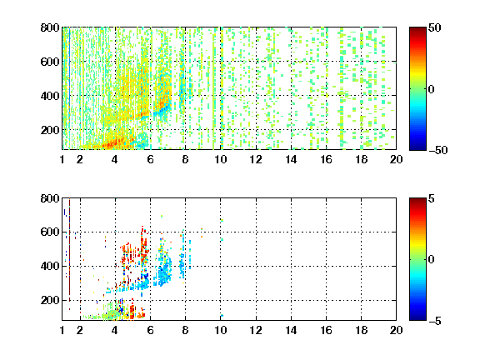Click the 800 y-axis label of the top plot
click(50, 27)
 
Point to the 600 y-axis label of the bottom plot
click(50, 232)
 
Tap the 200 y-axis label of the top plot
click(50, 130)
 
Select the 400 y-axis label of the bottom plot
click(50, 266)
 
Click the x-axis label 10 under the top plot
click(220, 159)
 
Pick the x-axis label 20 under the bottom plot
click(396, 330)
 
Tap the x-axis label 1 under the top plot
click(62, 159)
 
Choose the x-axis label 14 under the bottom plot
click(291, 330)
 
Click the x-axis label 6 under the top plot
click(150, 159)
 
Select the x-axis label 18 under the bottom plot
click(361, 330)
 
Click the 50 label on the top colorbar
click(434, 27)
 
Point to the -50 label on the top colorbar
click(438, 150)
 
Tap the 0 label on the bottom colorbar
click(431, 260)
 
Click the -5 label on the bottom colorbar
click(435, 321)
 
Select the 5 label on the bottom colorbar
click(432, 198)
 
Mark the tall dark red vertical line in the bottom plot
click(69, 250)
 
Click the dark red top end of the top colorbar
click(417, 29)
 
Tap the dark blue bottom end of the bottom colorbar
click(417, 318)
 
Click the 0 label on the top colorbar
click(431, 89)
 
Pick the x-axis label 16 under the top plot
click(327, 159)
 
